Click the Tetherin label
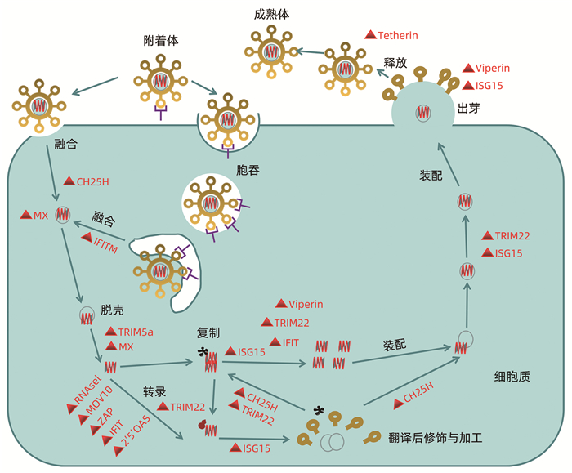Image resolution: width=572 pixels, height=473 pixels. coord(398,35)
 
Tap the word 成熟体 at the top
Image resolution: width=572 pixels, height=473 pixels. coord(273,14)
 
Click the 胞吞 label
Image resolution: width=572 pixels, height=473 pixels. coord(248,170)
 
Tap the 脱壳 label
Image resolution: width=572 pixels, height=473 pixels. coord(113,311)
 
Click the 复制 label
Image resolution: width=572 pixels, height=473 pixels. coord(209,333)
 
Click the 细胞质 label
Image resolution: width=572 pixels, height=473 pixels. coord(512,377)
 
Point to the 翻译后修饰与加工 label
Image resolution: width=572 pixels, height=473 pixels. coord(436,438)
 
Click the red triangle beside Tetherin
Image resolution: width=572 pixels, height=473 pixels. coord(369,35)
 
